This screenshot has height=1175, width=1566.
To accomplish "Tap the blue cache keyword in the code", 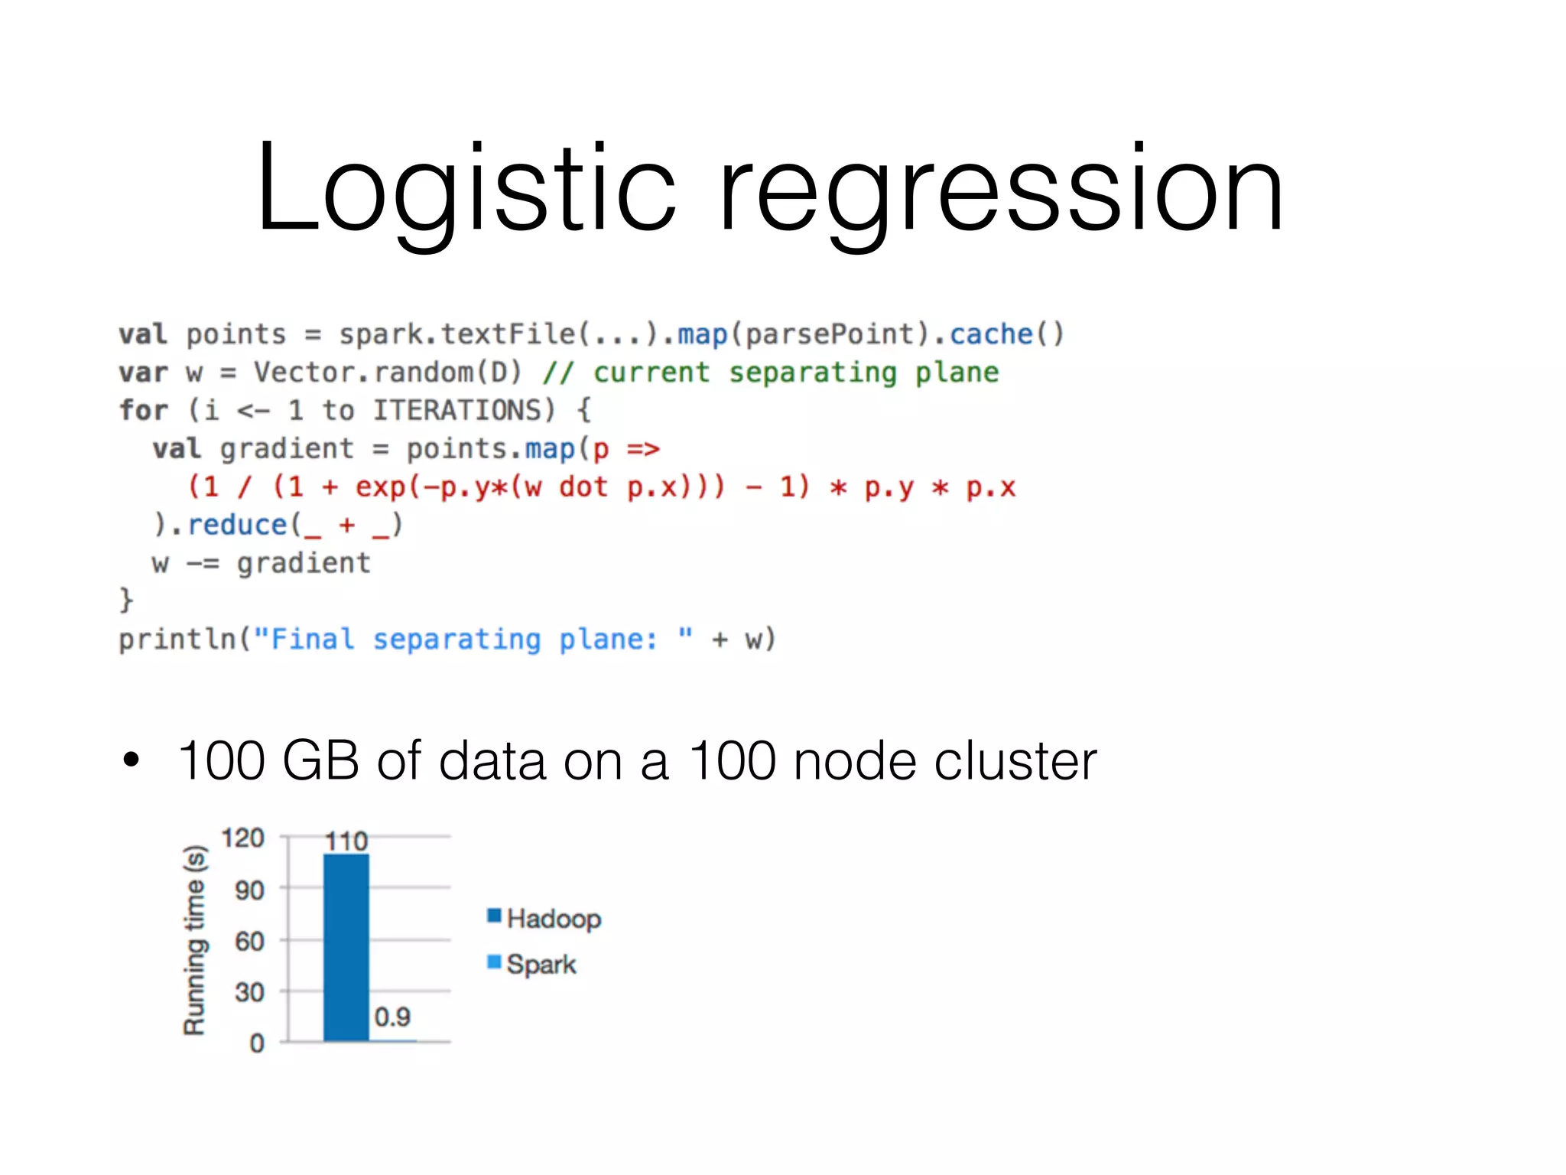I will (991, 334).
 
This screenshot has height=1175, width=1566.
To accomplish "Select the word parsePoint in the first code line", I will (830, 334).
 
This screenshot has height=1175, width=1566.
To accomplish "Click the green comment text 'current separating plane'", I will (795, 373).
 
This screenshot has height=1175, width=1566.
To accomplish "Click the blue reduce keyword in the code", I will (237, 525).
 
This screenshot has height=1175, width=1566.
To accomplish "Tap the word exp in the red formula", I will (380, 487).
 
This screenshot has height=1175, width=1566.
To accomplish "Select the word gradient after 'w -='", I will (304, 563).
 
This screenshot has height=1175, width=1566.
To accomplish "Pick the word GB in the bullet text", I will (320, 760).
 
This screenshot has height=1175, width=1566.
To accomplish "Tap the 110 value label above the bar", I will (346, 841).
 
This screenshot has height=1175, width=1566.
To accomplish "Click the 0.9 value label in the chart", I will (392, 1017).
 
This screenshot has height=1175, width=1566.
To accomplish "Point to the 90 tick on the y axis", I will (249, 890).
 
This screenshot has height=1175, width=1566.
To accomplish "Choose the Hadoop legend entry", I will (545, 918).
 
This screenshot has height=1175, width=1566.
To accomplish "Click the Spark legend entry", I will (533, 964).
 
